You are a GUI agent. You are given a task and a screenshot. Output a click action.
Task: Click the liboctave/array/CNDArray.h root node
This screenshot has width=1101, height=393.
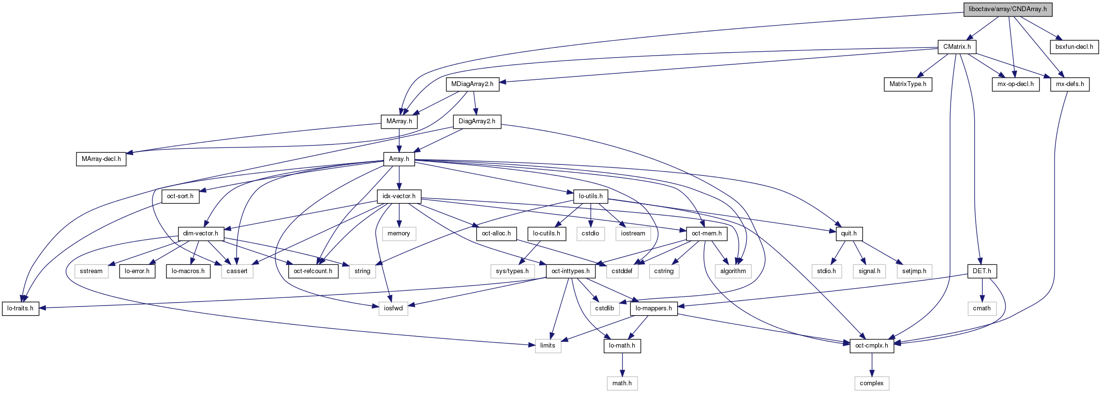(x=1007, y=9)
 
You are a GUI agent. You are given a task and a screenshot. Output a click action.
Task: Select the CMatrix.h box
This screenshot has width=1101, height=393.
(x=956, y=47)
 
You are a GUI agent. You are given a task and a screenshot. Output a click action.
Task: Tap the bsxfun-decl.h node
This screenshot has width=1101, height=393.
(x=1074, y=47)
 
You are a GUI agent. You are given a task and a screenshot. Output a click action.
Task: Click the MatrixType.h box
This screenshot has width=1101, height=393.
(x=908, y=84)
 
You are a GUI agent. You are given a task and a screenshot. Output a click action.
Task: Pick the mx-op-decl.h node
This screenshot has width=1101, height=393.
(x=1015, y=84)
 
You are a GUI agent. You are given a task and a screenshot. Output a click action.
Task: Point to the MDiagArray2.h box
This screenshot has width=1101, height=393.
(x=472, y=84)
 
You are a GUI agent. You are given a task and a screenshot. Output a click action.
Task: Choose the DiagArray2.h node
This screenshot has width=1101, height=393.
(x=476, y=121)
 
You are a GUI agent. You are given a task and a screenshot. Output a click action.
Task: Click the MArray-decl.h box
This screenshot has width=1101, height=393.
(x=101, y=159)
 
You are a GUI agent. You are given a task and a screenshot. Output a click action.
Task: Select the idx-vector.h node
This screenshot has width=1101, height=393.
(x=399, y=196)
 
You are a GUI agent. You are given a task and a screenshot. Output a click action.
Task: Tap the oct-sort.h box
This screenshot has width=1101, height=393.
(x=180, y=196)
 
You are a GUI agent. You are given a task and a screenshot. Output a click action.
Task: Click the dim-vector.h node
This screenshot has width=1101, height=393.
(x=200, y=233)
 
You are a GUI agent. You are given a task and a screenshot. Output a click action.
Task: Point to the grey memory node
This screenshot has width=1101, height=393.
(x=399, y=233)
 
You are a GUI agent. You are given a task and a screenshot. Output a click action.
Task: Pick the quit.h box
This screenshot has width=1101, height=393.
(x=848, y=233)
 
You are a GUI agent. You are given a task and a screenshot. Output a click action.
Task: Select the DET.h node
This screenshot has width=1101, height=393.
(x=982, y=271)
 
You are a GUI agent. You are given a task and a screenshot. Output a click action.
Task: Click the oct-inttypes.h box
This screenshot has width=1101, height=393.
(x=570, y=271)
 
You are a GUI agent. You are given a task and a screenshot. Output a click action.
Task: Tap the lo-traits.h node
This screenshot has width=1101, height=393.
(x=20, y=308)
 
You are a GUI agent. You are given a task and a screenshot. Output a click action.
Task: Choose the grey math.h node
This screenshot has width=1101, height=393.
(x=622, y=383)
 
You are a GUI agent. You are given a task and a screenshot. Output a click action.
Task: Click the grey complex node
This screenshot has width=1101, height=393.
(x=871, y=383)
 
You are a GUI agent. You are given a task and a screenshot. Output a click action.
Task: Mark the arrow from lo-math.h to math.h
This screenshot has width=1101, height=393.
(x=622, y=364)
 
